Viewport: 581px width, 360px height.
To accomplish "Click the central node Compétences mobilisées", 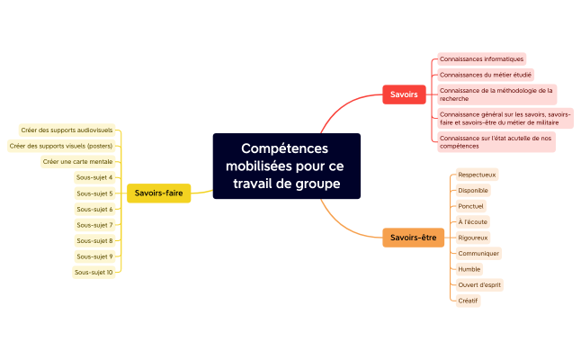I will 286,166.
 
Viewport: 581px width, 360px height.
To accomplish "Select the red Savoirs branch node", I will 405,94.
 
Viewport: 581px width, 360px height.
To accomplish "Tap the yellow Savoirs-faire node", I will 158,193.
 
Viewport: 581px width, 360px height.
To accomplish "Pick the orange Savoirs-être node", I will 414,238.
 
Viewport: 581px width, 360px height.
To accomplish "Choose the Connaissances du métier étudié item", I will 485,75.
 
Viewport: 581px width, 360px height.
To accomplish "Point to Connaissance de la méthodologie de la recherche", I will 496,94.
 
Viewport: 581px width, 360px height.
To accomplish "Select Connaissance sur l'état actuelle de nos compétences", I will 496,141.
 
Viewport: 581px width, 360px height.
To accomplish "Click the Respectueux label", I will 477,175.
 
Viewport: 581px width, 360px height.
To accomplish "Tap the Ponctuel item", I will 470,206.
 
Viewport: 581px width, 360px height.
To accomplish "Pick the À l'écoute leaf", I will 472,221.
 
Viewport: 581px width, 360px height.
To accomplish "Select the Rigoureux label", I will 473,238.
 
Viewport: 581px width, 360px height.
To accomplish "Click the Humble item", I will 469,269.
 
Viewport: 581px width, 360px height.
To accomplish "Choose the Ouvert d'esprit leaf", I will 479,285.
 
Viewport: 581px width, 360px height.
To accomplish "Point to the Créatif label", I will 468,301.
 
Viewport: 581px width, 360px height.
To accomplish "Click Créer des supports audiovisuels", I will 67,130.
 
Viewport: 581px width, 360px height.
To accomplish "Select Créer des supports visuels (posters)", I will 61,146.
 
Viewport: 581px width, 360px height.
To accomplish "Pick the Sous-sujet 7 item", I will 94,225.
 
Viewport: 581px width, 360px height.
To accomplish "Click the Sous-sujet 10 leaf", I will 94,272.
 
